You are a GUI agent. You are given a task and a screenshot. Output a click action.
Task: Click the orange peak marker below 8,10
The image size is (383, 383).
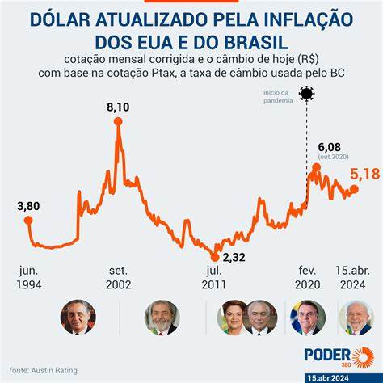tap(118, 121)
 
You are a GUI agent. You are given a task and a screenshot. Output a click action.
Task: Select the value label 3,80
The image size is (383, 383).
tap(28, 206)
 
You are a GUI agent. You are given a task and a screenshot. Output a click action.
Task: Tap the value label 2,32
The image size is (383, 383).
tap(234, 257)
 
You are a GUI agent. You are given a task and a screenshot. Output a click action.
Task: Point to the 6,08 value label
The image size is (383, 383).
tap(329, 147)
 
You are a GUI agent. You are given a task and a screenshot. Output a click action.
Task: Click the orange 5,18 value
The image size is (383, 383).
tap(365, 174)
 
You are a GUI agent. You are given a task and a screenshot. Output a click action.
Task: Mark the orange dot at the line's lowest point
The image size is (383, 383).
tap(215, 257)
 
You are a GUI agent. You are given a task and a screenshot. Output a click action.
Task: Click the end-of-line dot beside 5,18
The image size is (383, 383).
tap(354, 189)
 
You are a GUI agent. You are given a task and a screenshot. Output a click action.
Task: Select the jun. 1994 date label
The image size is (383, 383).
tap(29, 278)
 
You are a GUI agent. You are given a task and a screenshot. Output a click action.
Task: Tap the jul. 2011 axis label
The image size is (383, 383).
tap(214, 278)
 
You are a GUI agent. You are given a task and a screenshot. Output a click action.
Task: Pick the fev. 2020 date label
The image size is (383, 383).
tap(308, 278)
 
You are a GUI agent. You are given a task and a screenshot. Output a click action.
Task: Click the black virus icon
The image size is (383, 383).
tap(307, 94)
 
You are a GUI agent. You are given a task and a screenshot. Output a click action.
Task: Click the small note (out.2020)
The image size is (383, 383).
tap(333, 157)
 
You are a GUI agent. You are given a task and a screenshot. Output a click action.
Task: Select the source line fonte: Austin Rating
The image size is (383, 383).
tap(44, 370)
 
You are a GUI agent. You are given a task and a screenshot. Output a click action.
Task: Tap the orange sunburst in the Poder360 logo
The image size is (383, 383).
tap(363, 357)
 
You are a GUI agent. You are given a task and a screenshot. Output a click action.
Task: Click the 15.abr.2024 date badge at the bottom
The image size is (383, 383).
tap(328, 378)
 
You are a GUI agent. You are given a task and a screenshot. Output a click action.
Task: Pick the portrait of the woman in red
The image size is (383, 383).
tap(233, 318)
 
